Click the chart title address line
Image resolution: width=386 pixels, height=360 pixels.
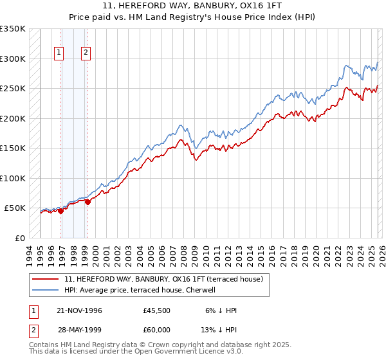pos(193,6)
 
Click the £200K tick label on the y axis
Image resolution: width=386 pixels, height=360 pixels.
pos(13,118)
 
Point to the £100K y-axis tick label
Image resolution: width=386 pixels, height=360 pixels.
pos(13,178)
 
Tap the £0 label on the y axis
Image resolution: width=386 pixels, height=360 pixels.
pos(19,238)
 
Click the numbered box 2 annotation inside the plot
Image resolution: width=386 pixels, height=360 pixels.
pos(86,53)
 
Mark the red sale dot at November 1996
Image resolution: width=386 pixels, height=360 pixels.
pos(61,212)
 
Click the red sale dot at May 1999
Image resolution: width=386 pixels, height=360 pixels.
pos(88,202)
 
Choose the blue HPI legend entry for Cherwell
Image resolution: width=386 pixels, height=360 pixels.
pos(142,290)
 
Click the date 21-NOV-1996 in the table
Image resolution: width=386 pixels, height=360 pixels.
pos(79,310)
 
